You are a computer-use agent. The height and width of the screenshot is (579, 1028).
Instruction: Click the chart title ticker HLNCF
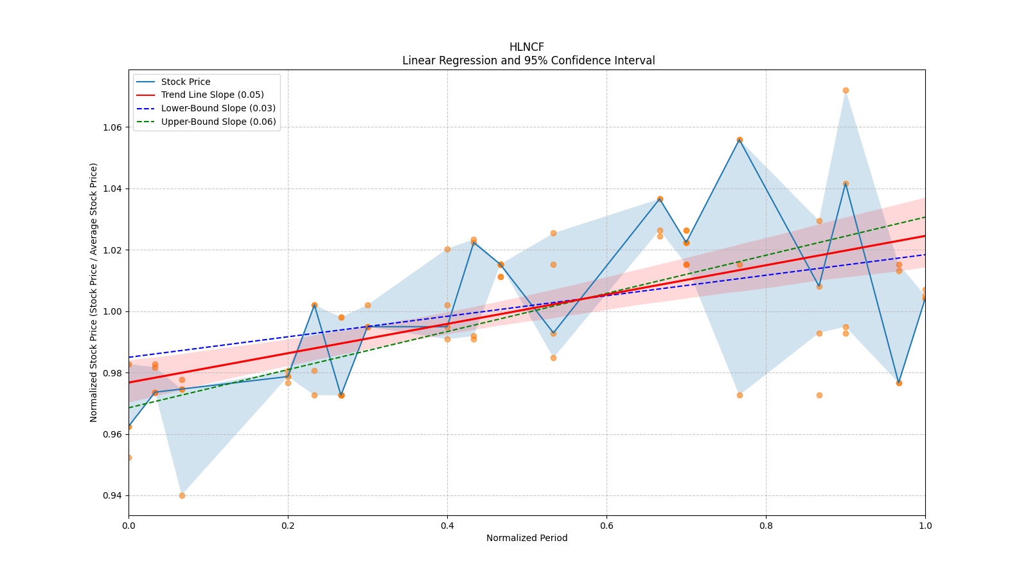tap(526, 47)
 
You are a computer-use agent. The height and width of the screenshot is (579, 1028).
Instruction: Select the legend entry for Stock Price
tap(186, 82)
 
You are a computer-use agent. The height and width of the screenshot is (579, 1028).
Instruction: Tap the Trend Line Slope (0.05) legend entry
tap(212, 95)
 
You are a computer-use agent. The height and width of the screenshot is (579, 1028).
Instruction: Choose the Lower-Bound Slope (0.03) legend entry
tap(218, 109)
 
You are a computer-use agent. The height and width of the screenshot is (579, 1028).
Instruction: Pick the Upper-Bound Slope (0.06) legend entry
tap(218, 122)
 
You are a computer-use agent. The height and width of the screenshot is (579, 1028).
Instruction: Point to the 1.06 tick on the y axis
tap(112, 127)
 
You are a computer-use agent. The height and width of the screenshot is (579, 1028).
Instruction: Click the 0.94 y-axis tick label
tap(112, 496)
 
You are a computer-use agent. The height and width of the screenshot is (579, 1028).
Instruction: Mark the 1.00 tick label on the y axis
tap(112, 311)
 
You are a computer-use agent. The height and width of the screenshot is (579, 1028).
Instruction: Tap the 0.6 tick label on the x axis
tap(607, 526)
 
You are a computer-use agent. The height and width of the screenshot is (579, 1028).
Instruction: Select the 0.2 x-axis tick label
tap(288, 526)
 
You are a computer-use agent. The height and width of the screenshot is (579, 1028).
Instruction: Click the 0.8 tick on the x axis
tap(766, 526)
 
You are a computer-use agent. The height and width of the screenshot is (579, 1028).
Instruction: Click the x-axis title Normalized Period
tap(527, 538)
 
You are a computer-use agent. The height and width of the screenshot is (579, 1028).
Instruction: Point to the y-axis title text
tap(94, 292)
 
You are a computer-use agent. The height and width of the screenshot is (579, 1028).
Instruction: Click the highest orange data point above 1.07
tap(846, 90)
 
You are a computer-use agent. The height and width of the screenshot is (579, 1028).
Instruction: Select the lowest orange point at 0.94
tap(182, 495)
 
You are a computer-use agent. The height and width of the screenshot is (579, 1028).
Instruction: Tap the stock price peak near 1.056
tap(740, 140)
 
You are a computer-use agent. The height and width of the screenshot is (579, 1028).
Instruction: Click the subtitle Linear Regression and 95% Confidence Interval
tap(528, 60)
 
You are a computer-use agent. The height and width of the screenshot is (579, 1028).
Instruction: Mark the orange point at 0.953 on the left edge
tap(128, 457)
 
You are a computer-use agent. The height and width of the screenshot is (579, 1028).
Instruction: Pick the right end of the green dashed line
tap(925, 217)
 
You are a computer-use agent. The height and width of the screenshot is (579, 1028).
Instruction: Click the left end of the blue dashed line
tap(129, 357)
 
